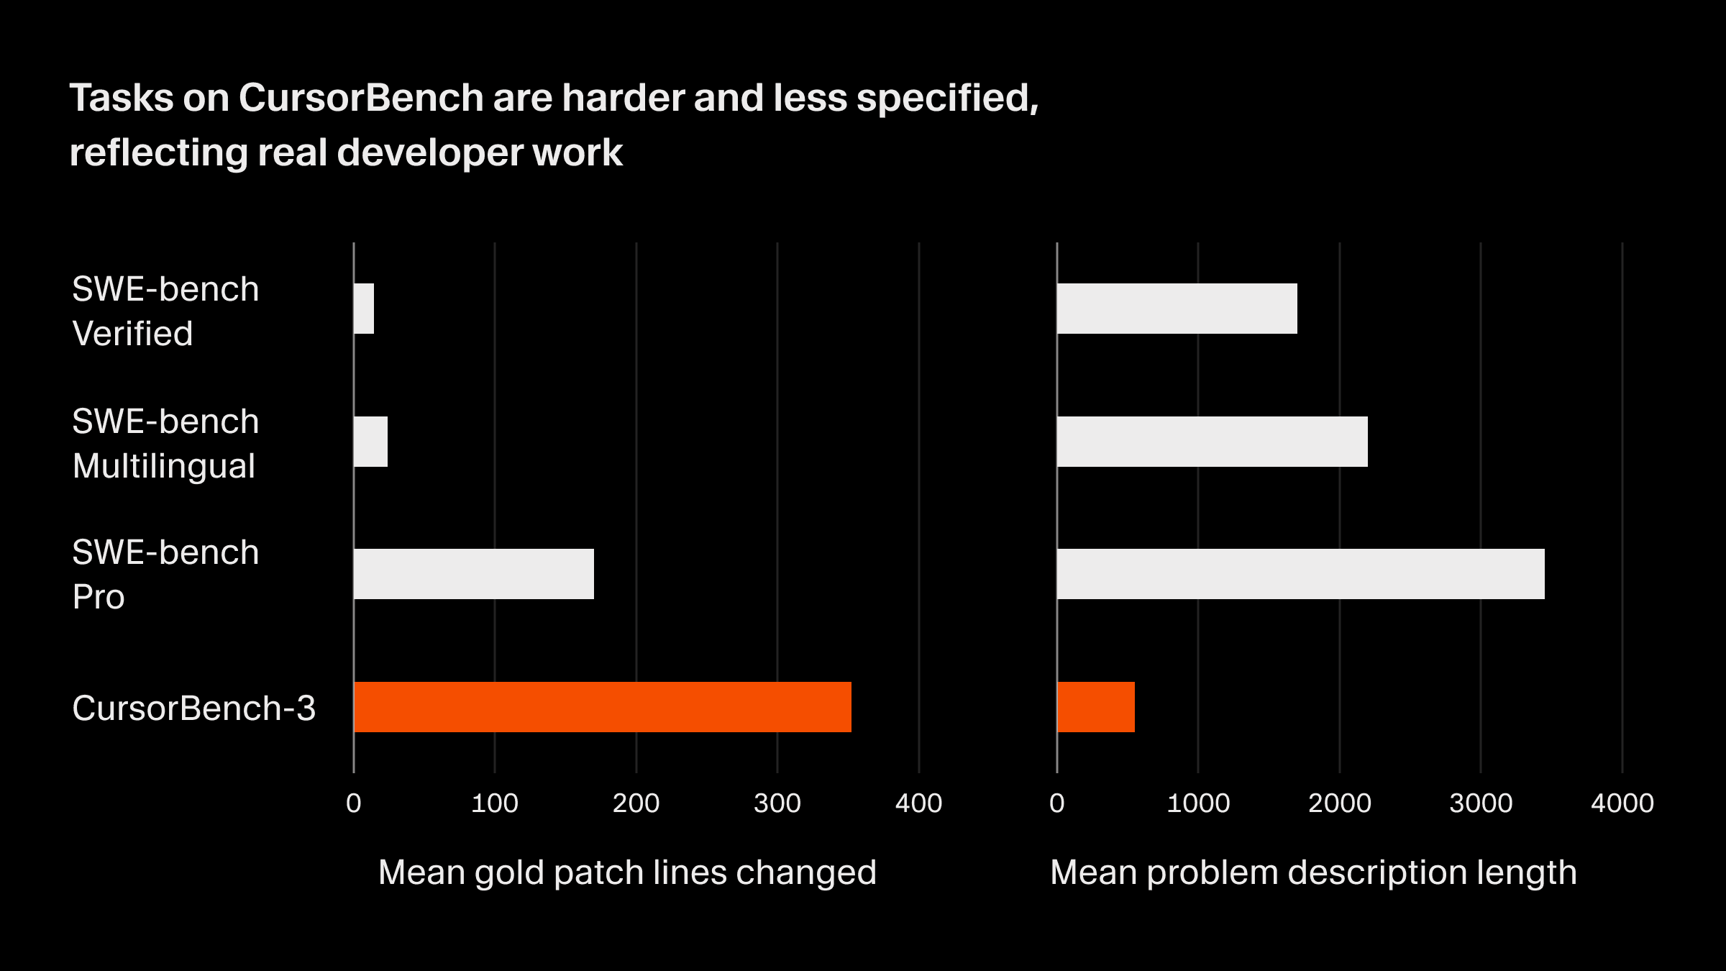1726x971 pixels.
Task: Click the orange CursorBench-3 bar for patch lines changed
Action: point(603,707)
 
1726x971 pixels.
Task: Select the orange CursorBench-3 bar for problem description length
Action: point(1096,707)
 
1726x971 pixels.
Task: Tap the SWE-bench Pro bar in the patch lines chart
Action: point(474,574)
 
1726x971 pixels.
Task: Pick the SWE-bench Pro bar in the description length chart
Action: point(1300,574)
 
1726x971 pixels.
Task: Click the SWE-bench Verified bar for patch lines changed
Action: point(365,309)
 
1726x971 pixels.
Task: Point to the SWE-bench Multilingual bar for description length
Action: point(1213,442)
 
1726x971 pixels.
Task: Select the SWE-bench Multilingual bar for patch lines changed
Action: point(371,442)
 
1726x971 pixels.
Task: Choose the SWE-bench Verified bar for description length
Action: point(1177,309)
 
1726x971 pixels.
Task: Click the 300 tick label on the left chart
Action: point(777,803)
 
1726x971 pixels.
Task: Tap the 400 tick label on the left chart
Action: point(918,803)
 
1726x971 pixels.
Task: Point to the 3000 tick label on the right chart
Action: point(1481,803)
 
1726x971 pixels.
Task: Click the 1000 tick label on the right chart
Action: point(1198,803)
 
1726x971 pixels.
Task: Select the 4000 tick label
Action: point(1622,803)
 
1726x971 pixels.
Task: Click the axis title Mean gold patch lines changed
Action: point(627,872)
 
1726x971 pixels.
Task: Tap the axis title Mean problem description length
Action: point(1313,872)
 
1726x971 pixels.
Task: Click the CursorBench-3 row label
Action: point(194,708)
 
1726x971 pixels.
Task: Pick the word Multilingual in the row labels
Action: point(164,466)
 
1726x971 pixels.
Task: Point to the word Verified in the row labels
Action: point(133,334)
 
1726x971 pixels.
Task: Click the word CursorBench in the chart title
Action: point(361,98)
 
